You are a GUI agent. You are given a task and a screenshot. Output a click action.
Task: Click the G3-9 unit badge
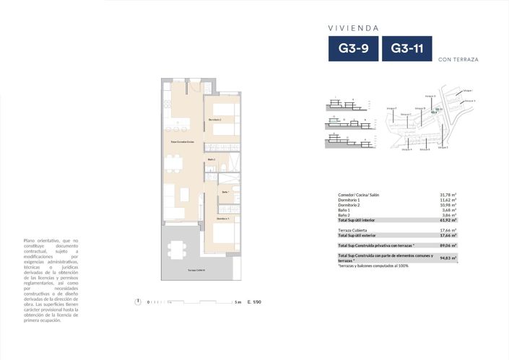click(x=353, y=50)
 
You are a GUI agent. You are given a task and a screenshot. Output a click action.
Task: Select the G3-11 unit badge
click(x=406, y=50)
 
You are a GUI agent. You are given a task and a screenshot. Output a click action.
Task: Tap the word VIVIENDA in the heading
click(x=354, y=28)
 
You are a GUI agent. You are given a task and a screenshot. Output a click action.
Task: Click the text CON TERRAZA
click(x=458, y=60)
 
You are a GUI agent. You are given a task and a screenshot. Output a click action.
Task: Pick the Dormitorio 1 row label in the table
click(x=349, y=201)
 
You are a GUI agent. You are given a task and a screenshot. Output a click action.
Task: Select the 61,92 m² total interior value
click(x=449, y=220)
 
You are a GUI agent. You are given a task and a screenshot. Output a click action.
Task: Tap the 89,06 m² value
click(x=449, y=245)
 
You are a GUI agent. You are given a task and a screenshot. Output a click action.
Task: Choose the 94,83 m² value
click(x=449, y=258)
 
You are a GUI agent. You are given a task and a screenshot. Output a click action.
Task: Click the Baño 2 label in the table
click(x=344, y=215)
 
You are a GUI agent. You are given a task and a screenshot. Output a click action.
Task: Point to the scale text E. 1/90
click(x=253, y=302)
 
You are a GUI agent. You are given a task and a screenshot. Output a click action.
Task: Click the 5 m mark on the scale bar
click(x=238, y=302)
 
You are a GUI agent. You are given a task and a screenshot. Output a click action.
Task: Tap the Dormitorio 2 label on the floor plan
click(x=214, y=119)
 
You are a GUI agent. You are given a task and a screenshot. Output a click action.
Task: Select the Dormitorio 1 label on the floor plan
click(x=223, y=217)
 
